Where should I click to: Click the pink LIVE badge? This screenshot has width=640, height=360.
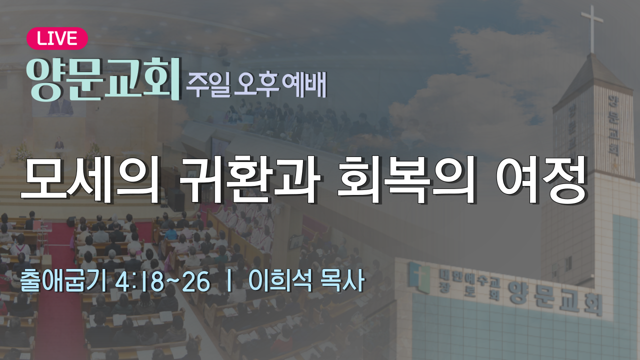pos(57,38)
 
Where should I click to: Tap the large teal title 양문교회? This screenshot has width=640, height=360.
pos(103,79)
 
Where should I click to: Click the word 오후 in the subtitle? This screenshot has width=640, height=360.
pos(256,83)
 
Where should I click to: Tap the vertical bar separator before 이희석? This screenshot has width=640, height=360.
pos(229,281)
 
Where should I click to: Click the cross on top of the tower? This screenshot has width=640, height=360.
pos(592,28)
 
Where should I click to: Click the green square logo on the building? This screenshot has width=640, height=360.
pos(419,277)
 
